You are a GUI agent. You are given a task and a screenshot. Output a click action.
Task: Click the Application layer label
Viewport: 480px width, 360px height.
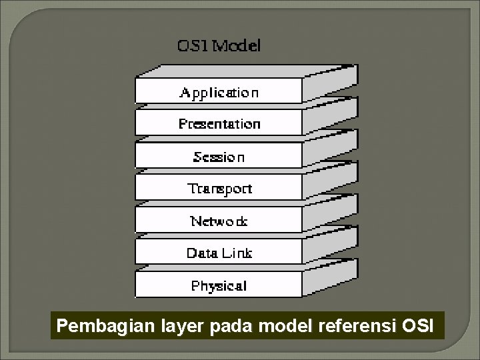pyautogui.click(x=219, y=93)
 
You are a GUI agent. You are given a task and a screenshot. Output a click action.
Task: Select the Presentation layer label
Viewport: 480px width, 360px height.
pyautogui.click(x=219, y=124)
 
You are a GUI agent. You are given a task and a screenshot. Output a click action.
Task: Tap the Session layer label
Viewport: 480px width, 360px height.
pyautogui.click(x=219, y=157)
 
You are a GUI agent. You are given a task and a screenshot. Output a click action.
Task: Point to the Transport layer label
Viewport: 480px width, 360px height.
pyautogui.click(x=219, y=189)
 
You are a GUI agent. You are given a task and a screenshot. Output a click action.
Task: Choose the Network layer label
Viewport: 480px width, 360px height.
pyautogui.click(x=219, y=221)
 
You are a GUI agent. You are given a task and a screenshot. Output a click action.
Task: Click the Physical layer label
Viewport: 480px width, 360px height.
pyautogui.click(x=219, y=286)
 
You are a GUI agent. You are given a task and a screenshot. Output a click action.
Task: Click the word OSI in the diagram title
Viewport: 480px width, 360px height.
pyautogui.click(x=191, y=46)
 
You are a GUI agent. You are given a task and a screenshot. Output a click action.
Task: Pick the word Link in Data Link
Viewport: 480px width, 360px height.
pyautogui.click(x=237, y=253)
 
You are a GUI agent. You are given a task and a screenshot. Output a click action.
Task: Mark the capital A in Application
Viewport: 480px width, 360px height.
pyautogui.click(x=185, y=92)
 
